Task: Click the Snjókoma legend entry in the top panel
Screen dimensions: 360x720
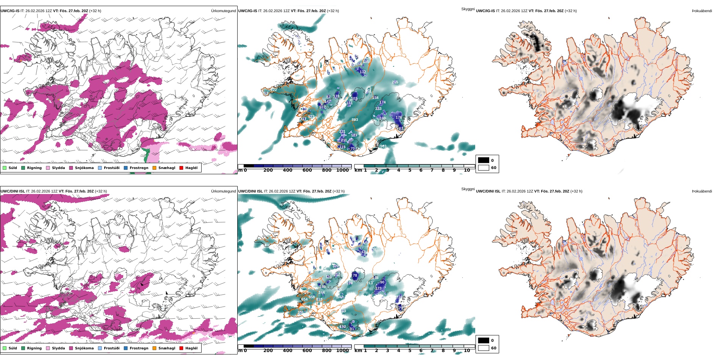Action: click(x=84, y=168)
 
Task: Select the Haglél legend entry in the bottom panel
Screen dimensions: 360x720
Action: click(x=191, y=348)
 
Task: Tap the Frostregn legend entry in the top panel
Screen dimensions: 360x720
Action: click(x=139, y=168)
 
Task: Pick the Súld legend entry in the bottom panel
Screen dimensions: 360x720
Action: click(x=13, y=348)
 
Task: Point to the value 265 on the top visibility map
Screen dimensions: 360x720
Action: click(x=395, y=82)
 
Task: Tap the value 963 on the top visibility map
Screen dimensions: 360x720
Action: click(x=383, y=146)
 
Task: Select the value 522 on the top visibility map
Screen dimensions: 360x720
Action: click(x=311, y=117)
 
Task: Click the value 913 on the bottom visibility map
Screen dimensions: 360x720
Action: click(x=369, y=283)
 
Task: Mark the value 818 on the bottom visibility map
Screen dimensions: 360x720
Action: click(x=319, y=299)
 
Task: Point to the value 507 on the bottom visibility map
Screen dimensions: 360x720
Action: click(x=340, y=297)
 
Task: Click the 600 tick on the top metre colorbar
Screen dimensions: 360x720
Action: click(x=307, y=170)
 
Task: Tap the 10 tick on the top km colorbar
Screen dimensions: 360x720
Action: click(x=467, y=170)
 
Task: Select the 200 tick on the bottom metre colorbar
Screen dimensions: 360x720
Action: click(x=268, y=351)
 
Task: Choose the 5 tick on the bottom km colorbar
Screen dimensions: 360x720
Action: click(x=410, y=351)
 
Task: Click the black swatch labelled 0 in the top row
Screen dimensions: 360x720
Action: click(x=484, y=160)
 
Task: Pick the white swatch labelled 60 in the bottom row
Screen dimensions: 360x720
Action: click(x=484, y=348)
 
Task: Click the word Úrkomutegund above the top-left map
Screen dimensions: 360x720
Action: click(x=223, y=11)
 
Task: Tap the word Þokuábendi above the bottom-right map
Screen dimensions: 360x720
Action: click(x=702, y=191)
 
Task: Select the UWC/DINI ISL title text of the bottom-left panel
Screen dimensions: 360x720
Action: click(x=13, y=191)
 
